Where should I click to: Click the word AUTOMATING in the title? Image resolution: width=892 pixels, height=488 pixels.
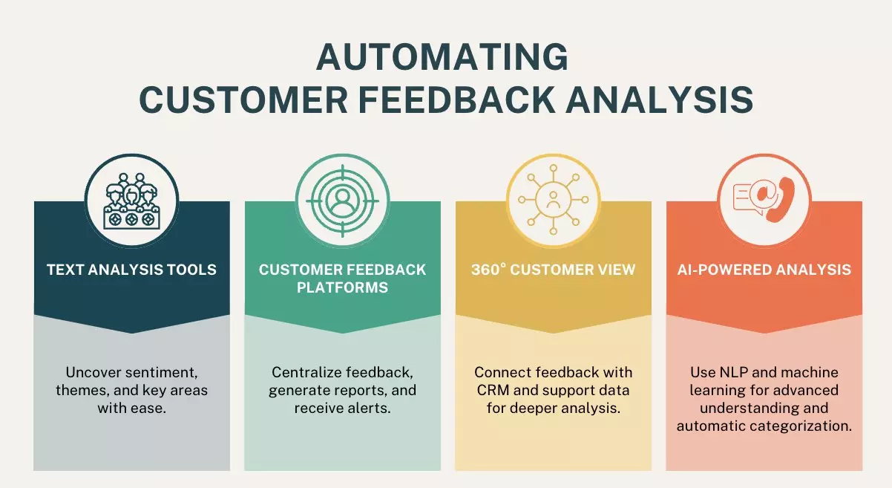(x=442, y=58)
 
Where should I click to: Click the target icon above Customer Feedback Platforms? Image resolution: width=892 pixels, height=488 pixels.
(x=342, y=201)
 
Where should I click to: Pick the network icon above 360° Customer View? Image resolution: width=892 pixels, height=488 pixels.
(x=553, y=201)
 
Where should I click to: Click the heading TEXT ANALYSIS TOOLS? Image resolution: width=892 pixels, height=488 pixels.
(x=131, y=269)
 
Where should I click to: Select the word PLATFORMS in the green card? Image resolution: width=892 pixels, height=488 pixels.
(x=342, y=287)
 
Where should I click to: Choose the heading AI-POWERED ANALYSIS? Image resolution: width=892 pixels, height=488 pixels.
(x=764, y=269)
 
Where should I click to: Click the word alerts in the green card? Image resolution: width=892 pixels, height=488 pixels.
(x=369, y=408)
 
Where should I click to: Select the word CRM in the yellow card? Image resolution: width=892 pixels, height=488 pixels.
(x=488, y=389)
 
